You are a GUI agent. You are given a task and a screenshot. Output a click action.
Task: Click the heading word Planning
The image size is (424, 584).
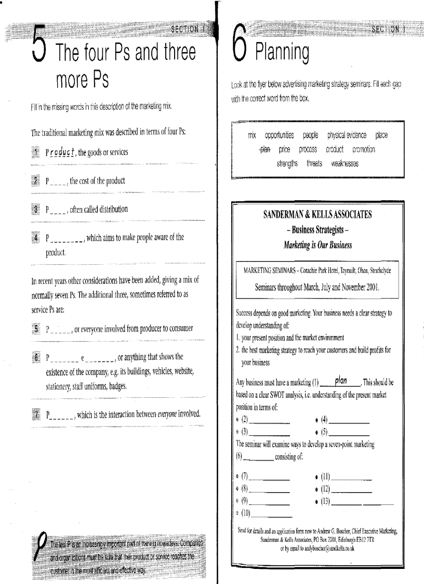tap(281, 52)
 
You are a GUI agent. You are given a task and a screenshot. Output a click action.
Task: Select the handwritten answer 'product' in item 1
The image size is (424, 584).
tap(62, 152)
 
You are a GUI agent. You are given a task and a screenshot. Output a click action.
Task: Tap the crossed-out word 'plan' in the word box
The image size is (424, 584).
tap(265, 149)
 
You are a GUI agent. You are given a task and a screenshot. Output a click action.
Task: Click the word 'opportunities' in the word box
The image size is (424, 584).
tap(279, 135)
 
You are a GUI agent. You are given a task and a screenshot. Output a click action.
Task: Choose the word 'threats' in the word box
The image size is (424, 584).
tap(314, 163)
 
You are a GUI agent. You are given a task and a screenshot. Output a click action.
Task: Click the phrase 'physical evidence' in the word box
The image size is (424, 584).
tap(347, 135)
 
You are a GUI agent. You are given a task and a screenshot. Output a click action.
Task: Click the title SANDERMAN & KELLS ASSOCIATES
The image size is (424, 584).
tap(317, 215)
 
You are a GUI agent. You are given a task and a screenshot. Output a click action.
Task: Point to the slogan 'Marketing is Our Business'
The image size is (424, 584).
tap(317, 245)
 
